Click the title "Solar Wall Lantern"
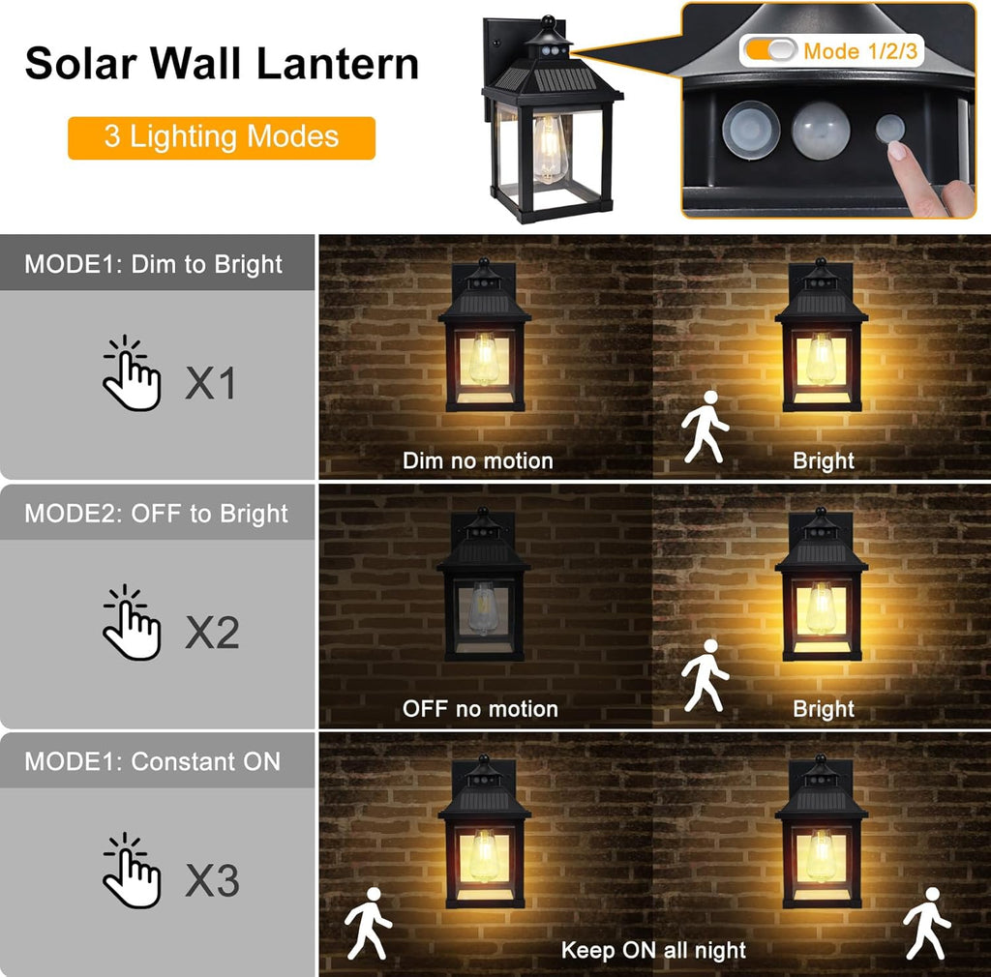222,64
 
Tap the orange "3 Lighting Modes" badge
222,136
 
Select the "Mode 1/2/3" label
860,50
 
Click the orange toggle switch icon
769,50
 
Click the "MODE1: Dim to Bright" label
154,264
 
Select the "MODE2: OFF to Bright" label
156,513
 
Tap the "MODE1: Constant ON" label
152,761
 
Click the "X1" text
211,384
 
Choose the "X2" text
212,633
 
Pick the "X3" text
212,881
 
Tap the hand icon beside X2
132,623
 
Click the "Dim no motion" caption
478,460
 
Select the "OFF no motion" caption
480,709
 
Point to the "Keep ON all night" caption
653,950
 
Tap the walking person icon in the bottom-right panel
926,921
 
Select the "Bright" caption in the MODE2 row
824,709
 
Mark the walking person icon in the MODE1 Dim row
705,427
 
